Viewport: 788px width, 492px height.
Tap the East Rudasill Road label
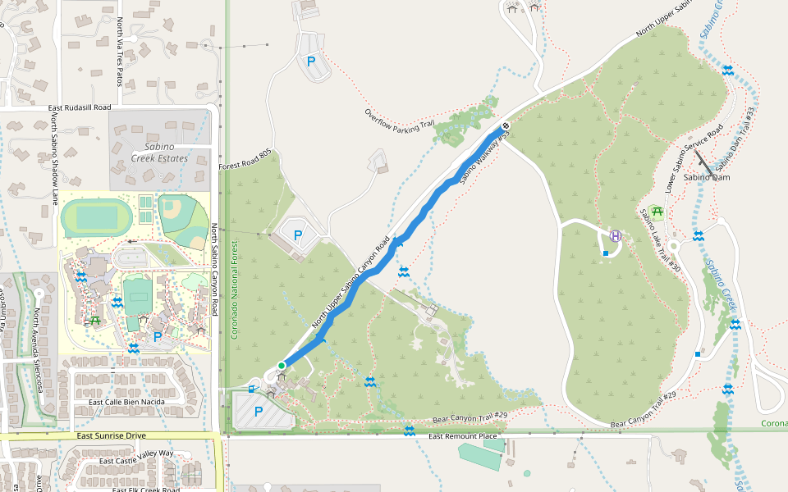pyautogui.click(x=80, y=107)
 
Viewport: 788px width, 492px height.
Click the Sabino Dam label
pyautogui.click(x=706, y=177)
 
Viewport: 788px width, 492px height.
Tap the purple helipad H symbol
pyautogui.click(x=616, y=236)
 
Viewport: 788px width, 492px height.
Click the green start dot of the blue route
pyautogui.click(x=281, y=366)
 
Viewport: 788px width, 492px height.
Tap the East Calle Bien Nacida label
pyautogui.click(x=126, y=402)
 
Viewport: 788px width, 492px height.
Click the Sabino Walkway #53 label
pyautogui.click(x=481, y=158)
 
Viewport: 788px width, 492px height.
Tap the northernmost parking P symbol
pyautogui.click(x=311, y=61)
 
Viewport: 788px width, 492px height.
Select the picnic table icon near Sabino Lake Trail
pyautogui.click(x=657, y=212)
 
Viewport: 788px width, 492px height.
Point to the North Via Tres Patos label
pyautogui.click(x=119, y=53)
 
